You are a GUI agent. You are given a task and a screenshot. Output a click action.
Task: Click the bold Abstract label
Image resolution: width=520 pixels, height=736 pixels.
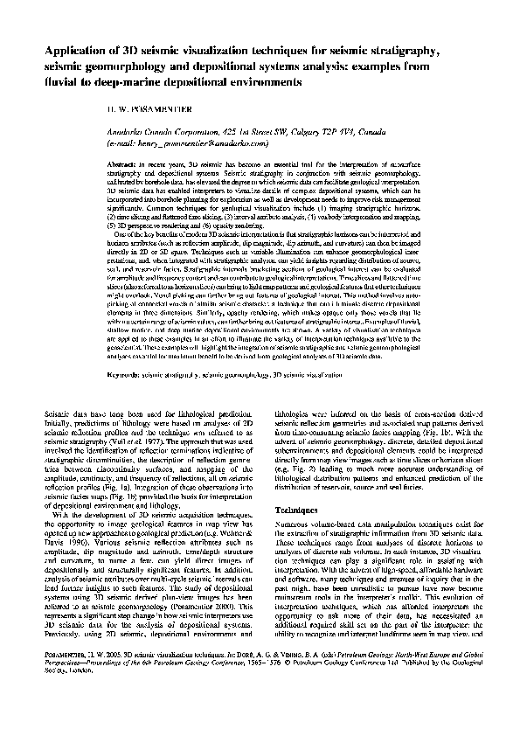pos(121,164)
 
